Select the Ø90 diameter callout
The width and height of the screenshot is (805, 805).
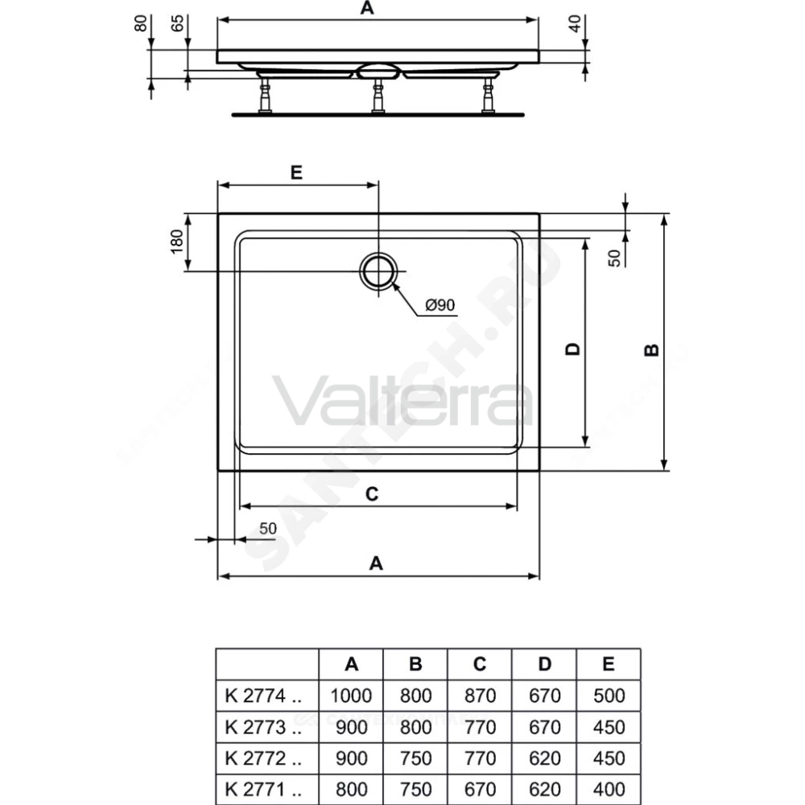(440, 305)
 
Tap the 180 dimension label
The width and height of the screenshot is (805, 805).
(176, 242)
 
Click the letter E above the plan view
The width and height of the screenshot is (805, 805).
(296, 172)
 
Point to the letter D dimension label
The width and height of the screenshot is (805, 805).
(572, 349)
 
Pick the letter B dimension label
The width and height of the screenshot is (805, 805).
(651, 349)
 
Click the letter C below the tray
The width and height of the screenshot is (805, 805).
(372, 494)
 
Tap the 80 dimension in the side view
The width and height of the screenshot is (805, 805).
(141, 23)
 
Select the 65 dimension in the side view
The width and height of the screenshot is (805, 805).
(177, 23)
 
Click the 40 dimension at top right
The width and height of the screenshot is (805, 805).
(575, 23)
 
